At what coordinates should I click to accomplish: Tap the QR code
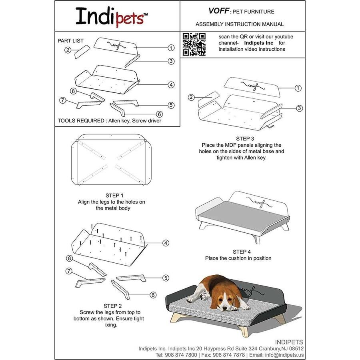194,44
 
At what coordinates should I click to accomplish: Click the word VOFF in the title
218,11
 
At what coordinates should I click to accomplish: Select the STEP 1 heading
114,196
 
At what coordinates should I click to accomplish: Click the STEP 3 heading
244,138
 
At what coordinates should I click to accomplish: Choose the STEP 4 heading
242,252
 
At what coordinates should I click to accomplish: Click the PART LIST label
71,41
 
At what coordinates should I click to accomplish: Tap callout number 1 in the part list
171,48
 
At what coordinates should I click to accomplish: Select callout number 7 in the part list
62,100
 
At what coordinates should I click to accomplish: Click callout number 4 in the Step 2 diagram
165,243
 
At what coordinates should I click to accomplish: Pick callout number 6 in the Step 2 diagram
153,295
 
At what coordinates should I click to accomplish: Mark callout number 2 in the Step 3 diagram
191,97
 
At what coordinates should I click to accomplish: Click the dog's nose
224,308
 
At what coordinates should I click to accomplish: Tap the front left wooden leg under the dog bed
175,318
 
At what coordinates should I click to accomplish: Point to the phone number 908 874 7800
180,355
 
